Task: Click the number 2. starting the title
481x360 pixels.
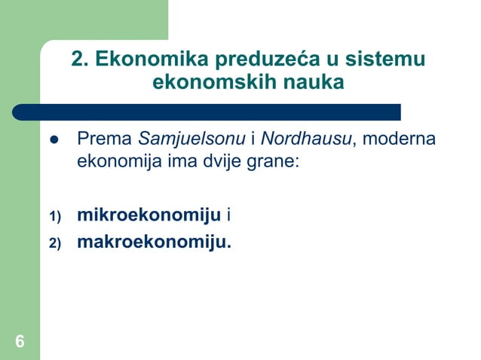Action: [x=81, y=59]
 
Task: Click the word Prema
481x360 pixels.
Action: [x=105, y=140]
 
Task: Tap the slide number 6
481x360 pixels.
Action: [x=20, y=343]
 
